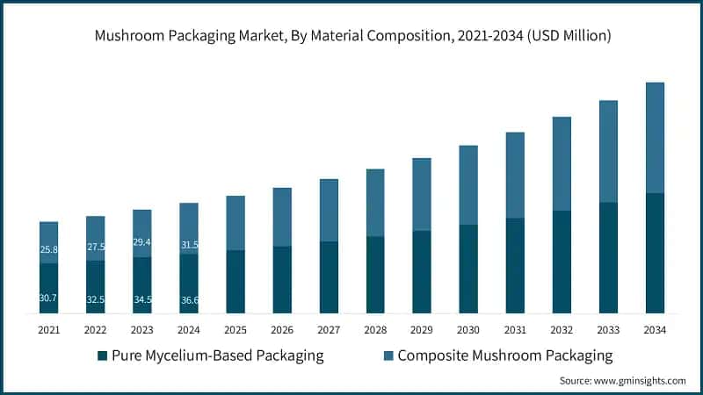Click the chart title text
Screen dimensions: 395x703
(351, 36)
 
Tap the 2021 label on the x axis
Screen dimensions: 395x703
(48, 330)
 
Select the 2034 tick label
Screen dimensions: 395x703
(655, 330)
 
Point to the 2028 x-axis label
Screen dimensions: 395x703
(375, 330)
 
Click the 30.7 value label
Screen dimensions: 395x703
(48, 298)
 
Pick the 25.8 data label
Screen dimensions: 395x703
(48, 250)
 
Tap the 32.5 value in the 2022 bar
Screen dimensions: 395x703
(95, 299)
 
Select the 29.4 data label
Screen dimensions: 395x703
(141, 242)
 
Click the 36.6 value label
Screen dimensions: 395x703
(188, 299)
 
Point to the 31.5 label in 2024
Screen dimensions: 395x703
(188, 245)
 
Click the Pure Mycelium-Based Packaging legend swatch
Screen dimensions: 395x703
(102, 355)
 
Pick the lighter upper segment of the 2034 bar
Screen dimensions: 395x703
(655, 138)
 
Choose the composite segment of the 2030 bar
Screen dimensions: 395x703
(468, 185)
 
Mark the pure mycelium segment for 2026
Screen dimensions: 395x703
(282, 280)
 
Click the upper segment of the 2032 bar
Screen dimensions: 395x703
(562, 164)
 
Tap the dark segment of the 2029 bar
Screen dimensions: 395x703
(422, 272)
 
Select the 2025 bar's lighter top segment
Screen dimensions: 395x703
(236, 223)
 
